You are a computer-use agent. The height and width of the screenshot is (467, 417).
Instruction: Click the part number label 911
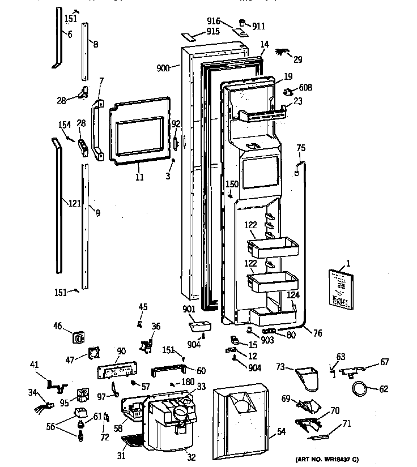pyautogui.click(x=258, y=25)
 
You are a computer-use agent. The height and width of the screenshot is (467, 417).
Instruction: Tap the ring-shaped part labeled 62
pyautogui.click(x=360, y=389)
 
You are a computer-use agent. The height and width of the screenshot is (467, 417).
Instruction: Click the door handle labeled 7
pyautogui.click(x=98, y=130)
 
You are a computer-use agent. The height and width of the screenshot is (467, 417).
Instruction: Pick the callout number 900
pyautogui.click(x=164, y=68)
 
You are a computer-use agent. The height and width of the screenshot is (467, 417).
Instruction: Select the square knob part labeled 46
pyautogui.click(x=78, y=339)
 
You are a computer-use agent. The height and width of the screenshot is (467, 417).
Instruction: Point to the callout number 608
pyautogui.click(x=306, y=88)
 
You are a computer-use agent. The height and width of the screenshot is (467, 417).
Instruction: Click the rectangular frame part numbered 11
pyautogui.click(x=140, y=132)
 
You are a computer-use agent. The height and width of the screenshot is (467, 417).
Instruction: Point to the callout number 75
pyautogui.click(x=301, y=148)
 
